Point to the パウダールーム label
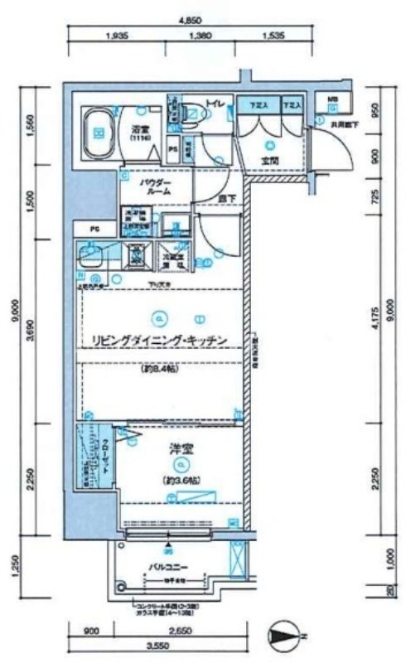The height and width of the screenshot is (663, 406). click(x=156, y=185)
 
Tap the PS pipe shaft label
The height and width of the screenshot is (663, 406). click(x=173, y=149)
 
